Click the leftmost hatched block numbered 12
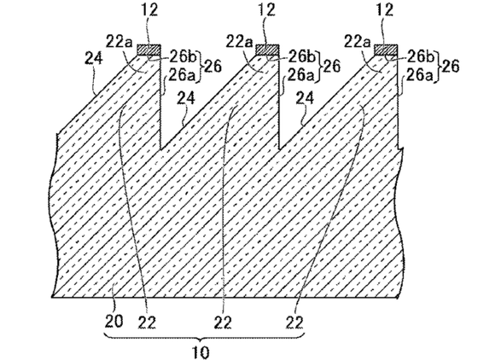pos(149,49)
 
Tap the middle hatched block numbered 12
pos(267,49)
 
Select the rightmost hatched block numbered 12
pos(386,49)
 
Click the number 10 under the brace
pos(201,351)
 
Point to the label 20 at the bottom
pos(114,322)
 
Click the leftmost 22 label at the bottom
pos(147,322)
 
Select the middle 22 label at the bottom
pos(223,322)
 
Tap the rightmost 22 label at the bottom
pos(294,322)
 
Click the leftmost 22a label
pos(119,42)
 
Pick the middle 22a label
pos(239,42)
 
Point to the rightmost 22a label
pos(358,42)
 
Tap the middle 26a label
pos(301,76)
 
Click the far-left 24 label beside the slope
pos(94,58)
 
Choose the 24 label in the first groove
pos(186,98)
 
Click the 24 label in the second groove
pos(306,98)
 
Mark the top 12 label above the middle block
pos(266,9)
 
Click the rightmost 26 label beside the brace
pos(450,66)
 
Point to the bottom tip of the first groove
pos(161,150)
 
